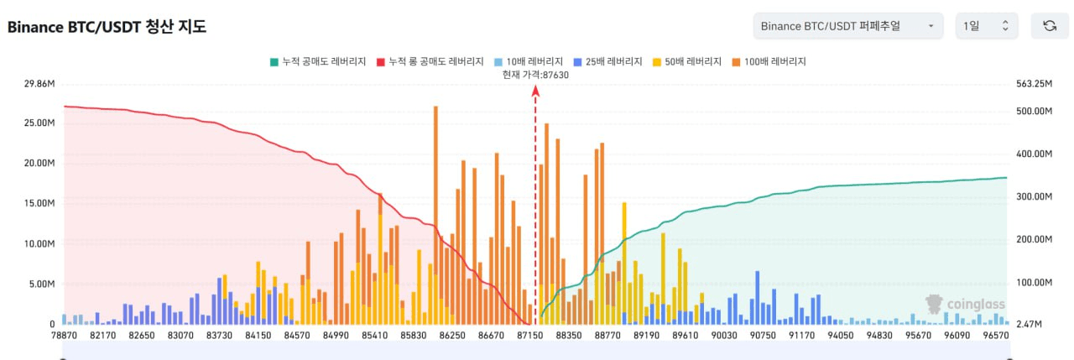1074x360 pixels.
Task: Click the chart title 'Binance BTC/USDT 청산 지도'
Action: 107,27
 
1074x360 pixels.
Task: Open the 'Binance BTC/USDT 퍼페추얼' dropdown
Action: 848,26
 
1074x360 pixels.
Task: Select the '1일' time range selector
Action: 987,26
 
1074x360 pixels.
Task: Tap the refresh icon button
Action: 1049,26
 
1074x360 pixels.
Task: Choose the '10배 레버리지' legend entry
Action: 528,61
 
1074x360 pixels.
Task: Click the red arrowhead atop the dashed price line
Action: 535,92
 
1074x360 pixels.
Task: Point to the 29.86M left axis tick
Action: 40,84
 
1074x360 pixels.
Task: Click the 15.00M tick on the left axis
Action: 40,203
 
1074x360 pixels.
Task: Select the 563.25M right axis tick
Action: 1034,84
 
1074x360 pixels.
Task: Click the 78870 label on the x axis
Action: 64,336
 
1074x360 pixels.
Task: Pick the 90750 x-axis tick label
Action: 763,336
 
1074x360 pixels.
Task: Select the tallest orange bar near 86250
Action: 435,210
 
